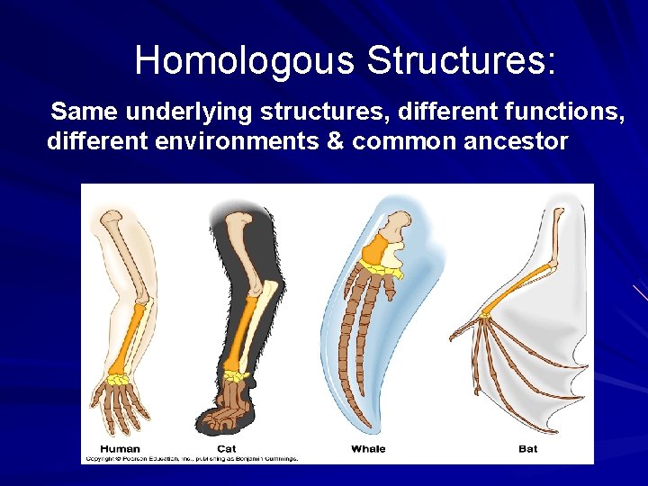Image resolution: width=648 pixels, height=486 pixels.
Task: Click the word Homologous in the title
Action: [x=245, y=61]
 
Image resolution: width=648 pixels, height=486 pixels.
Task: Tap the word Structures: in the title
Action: [x=462, y=61]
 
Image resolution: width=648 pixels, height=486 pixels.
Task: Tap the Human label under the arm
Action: [x=119, y=448]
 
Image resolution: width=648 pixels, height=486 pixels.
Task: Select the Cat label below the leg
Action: [x=227, y=448]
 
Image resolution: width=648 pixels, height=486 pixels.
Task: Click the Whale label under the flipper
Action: [x=368, y=448]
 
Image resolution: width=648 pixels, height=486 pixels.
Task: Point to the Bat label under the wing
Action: [x=527, y=448]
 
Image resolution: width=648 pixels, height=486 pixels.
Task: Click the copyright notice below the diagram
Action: [x=191, y=458]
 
